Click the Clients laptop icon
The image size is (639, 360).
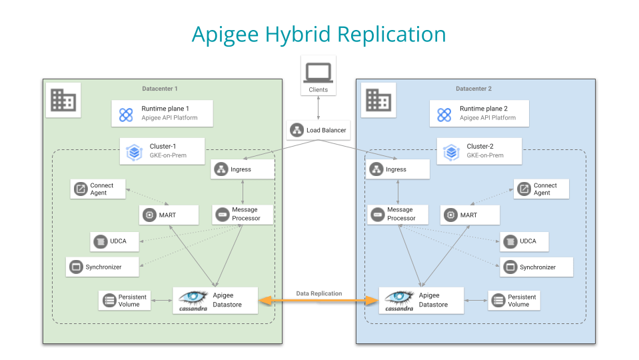pos(318,71)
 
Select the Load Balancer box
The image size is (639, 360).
pos(319,130)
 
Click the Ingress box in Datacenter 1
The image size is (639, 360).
pos(243,169)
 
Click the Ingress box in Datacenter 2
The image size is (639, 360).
pos(397,169)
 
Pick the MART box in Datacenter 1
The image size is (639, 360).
pos(169,215)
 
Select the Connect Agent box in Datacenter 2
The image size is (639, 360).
pos(541,189)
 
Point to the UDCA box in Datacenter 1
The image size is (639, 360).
pos(115,241)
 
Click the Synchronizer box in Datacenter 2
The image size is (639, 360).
pos(528,267)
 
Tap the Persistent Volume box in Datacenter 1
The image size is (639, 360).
pos(125,300)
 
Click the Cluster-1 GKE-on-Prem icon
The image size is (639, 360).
pos(135,151)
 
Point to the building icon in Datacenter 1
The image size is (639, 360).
pos(63,100)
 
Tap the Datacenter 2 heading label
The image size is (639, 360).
pos(475,89)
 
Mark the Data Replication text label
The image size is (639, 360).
pos(319,293)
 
